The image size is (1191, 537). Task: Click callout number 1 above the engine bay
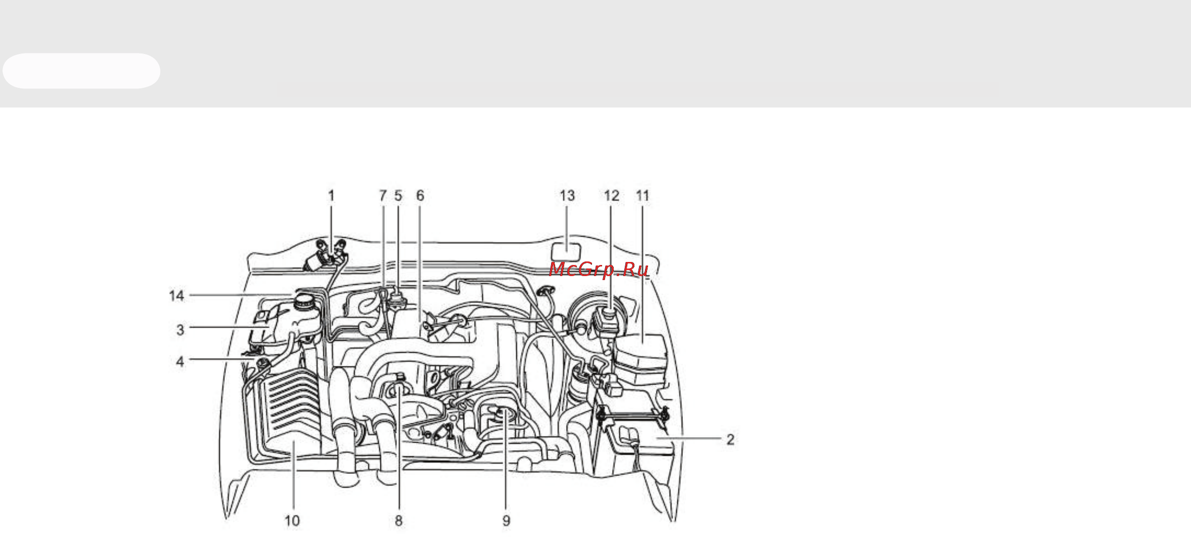[x=331, y=195]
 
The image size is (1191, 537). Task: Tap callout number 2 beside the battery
[x=730, y=440]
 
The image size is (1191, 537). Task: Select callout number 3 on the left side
[x=180, y=330]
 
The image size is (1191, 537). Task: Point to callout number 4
[x=180, y=362]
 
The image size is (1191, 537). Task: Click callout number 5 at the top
[x=399, y=195]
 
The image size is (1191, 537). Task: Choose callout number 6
[x=420, y=195]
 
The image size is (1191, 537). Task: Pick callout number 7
[x=383, y=195]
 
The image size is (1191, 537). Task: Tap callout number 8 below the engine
[x=399, y=521]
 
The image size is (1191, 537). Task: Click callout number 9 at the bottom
[x=506, y=521]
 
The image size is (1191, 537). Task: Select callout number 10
[x=292, y=521]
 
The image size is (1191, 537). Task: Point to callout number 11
[x=642, y=195]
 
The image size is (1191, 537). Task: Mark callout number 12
[x=612, y=195]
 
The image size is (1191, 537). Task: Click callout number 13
[x=567, y=195]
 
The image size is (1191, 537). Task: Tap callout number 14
[x=177, y=296]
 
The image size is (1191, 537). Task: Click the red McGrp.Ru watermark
[x=599, y=269]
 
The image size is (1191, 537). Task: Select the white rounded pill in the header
[x=81, y=71]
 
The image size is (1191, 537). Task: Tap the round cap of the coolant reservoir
[x=305, y=301]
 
